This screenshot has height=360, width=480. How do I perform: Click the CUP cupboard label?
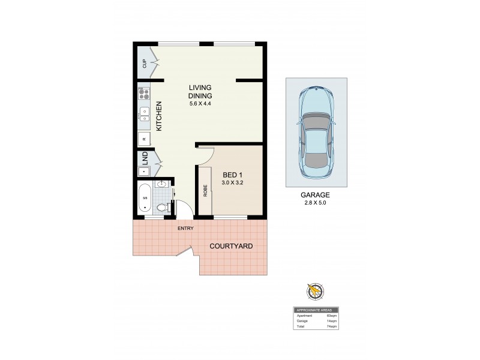(145, 64)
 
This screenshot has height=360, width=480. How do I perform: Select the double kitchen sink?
(144, 115)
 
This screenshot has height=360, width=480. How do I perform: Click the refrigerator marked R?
(144, 139)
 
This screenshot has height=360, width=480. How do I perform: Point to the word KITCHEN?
(159, 117)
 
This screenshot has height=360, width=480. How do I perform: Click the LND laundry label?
(145, 158)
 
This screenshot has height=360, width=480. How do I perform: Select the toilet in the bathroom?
(160, 208)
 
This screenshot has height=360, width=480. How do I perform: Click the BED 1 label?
(232, 175)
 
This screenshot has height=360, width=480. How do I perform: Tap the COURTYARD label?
(231, 246)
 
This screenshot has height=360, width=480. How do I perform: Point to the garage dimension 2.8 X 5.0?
(316, 203)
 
